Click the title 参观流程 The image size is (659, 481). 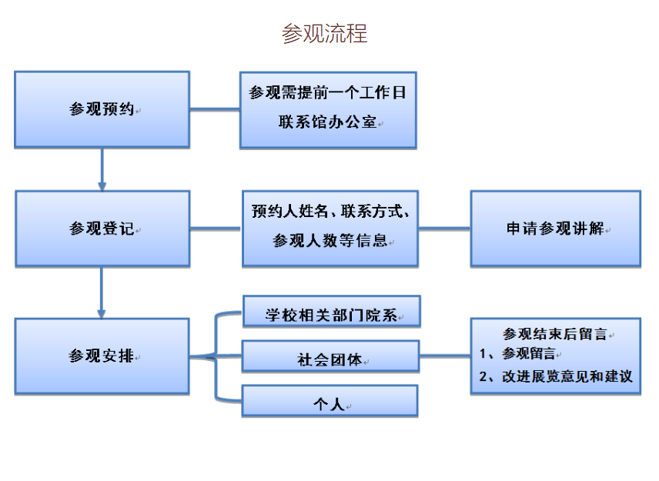click(324, 34)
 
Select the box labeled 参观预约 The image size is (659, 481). click(102, 109)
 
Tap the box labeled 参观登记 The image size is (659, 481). click(102, 229)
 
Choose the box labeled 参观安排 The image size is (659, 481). click(102, 356)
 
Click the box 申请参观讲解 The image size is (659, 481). click(556, 229)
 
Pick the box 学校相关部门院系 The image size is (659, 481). click(332, 312)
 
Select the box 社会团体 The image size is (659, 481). click(330, 356)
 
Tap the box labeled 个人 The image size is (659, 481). click(330, 401)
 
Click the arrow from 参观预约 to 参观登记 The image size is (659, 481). click(102, 169)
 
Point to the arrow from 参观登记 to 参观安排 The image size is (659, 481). click(102, 292)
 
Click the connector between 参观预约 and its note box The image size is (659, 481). click(215, 109)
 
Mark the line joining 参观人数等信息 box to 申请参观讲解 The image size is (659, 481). click(444, 229)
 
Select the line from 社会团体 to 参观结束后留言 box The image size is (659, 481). click(445, 356)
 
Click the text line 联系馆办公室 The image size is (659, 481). click(327, 122)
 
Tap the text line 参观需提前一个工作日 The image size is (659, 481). click(327, 92)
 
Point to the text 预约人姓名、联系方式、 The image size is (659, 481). click(330, 212)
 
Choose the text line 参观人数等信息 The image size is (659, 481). click(330, 241)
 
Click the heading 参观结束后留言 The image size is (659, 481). click(555, 334)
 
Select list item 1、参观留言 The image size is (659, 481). click(517, 354)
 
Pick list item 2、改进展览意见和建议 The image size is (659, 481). click(556, 376)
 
